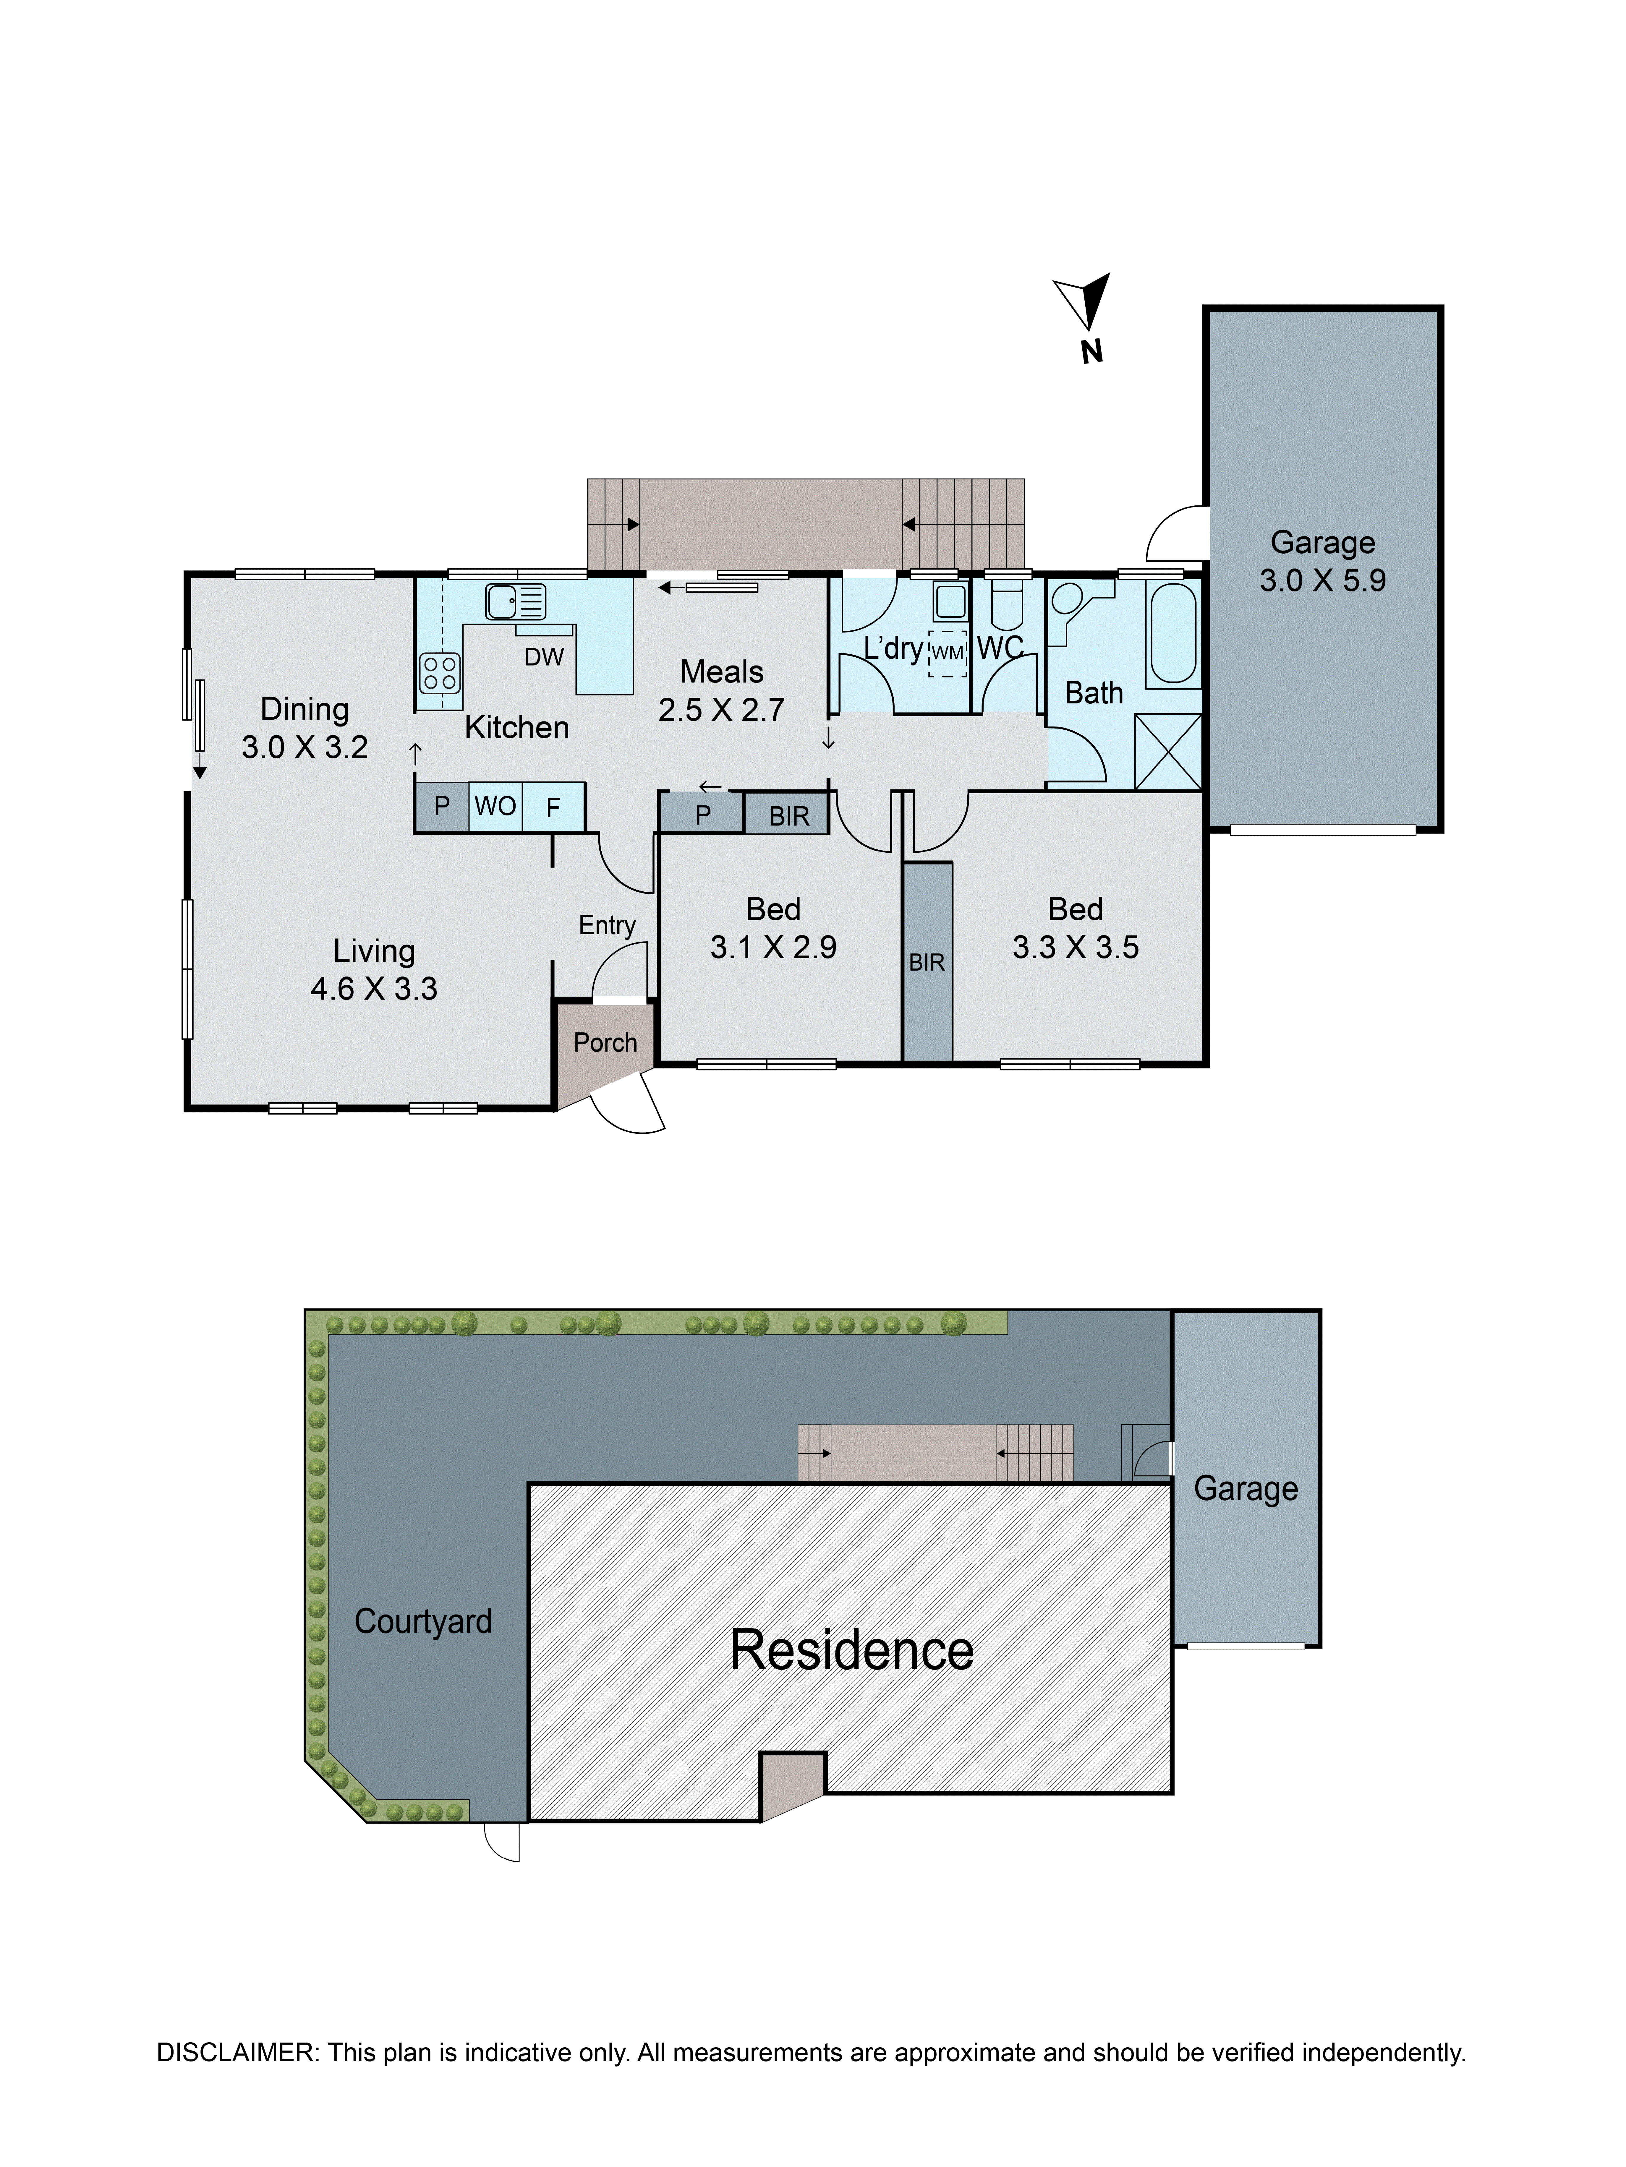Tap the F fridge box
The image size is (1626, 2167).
pos(553,808)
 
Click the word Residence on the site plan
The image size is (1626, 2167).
pos(851,1651)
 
